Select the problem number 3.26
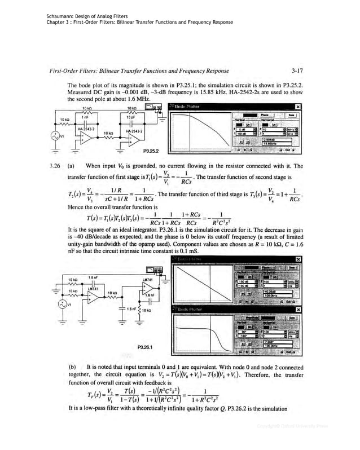coord(54,166)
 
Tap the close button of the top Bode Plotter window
coord(297,107)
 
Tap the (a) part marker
coord(72,166)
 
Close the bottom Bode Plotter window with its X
coord(297,310)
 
